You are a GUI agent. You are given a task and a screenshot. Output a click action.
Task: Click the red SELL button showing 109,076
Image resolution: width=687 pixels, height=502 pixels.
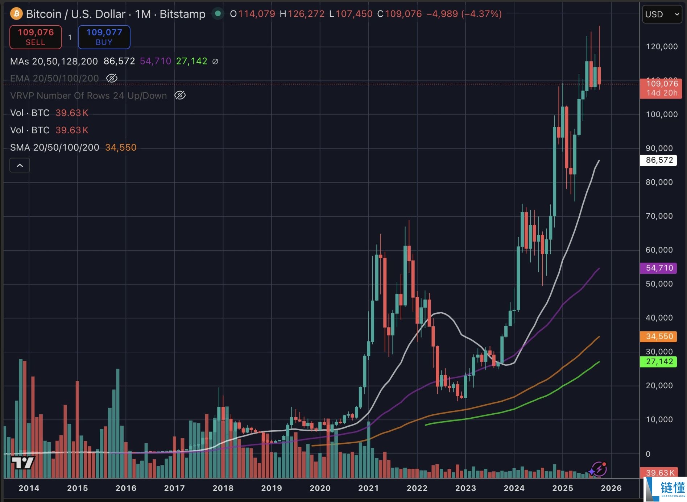click(x=36, y=37)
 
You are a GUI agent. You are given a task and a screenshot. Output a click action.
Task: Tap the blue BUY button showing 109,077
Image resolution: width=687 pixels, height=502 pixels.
click(x=104, y=37)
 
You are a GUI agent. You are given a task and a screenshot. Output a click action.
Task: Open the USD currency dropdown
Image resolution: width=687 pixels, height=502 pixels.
click(x=662, y=14)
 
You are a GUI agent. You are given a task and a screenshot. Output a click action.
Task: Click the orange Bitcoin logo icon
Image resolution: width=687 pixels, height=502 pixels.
click(x=16, y=14)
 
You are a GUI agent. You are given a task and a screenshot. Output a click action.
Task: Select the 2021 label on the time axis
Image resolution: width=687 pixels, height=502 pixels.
click(x=368, y=488)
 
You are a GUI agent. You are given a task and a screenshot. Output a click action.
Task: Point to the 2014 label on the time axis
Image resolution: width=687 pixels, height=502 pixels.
click(x=29, y=488)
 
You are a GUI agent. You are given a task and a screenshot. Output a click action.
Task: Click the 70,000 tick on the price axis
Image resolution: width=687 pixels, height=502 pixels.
click(x=659, y=216)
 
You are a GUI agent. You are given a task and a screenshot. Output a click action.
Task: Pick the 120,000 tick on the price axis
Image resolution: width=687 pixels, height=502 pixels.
click(x=662, y=46)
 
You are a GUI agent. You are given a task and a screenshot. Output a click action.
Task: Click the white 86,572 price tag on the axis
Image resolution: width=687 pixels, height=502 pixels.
click(x=659, y=160)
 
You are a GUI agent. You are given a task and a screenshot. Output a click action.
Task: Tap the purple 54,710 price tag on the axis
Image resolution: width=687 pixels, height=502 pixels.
click(x=659, y=268)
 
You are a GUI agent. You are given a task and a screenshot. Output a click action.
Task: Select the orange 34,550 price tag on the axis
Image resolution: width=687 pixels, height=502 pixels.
click(x=659, y=336)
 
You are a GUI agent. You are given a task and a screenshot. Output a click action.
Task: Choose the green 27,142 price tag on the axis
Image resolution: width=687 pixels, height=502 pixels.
click(x=659, y=361)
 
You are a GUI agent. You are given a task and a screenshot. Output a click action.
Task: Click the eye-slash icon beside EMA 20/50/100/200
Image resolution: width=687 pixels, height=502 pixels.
click(x=112, y=78)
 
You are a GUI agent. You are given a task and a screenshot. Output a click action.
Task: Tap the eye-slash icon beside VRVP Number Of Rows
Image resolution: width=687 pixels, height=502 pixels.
click(x=180, y=95)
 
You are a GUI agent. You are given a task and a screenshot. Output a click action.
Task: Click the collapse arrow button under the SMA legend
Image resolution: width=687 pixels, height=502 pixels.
click(x=20, y=166)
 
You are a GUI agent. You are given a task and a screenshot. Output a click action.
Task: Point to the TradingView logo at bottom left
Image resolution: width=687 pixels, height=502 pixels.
click(x=22, y=463)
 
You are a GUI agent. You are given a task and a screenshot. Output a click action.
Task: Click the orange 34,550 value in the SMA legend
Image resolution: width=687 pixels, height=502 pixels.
click(x=121, y=147)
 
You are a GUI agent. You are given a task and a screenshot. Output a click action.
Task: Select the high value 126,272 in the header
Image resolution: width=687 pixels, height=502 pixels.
click(x=306, y=14)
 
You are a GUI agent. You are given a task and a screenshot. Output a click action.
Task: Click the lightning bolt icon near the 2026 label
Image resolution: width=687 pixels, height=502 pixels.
click(x=599, y=469)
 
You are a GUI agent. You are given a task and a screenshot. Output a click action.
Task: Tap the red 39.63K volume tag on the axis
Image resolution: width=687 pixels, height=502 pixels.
click(x=660, y=472)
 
